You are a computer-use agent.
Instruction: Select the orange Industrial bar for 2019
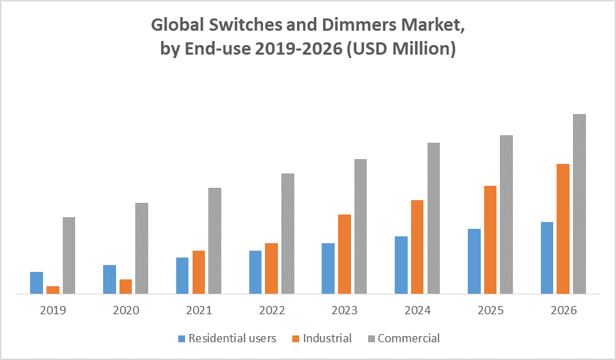click(x=53, y=290)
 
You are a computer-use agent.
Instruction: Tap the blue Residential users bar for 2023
click(x=328, y=268)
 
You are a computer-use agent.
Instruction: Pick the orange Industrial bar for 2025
click(x=490, y=240)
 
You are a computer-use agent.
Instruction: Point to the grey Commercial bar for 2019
click(x=68, y=255)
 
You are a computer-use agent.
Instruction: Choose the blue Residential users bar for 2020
click(x=109, y=279)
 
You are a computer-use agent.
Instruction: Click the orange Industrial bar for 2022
click(x=271, y=268)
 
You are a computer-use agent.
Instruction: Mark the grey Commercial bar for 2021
click(x=214, y=240)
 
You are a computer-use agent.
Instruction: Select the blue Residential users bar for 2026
click(x=547, y=258)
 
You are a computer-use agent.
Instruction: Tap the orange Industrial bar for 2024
click(x=417, y=247)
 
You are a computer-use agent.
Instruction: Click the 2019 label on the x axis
click(x=53, y=310)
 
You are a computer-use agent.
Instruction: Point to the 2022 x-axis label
click(x=272, y=310)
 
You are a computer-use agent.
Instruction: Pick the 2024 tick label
click(x=418, y=310)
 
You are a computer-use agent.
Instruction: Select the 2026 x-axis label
click(x=563, y=310)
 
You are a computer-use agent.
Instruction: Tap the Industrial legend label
click(x=327, y=338)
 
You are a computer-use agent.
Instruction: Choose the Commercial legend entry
click(x=408, y=338)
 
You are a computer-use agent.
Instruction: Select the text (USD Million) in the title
click(x=401, y=50)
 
